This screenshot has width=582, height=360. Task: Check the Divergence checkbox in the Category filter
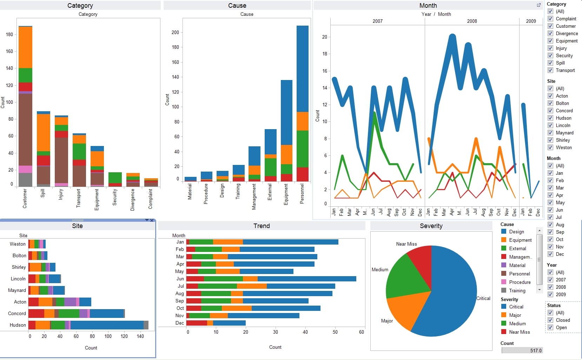550,33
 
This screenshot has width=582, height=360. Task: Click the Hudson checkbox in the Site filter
550,118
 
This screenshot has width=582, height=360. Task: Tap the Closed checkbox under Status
550,320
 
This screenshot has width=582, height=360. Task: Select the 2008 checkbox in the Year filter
550,287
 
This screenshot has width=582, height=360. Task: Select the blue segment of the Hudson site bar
107,325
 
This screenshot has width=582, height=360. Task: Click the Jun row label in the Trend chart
180,279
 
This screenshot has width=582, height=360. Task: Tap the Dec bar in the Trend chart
228,323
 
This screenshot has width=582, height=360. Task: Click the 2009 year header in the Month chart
531,21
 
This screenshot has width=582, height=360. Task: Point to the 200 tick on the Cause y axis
175,32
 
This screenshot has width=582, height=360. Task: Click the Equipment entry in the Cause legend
520,240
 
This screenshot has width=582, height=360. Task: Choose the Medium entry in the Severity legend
517,324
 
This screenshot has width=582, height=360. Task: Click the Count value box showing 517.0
522,350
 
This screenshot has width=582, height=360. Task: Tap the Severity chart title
431,226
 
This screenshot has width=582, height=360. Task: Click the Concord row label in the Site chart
17,313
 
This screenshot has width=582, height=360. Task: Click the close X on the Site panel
152,220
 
